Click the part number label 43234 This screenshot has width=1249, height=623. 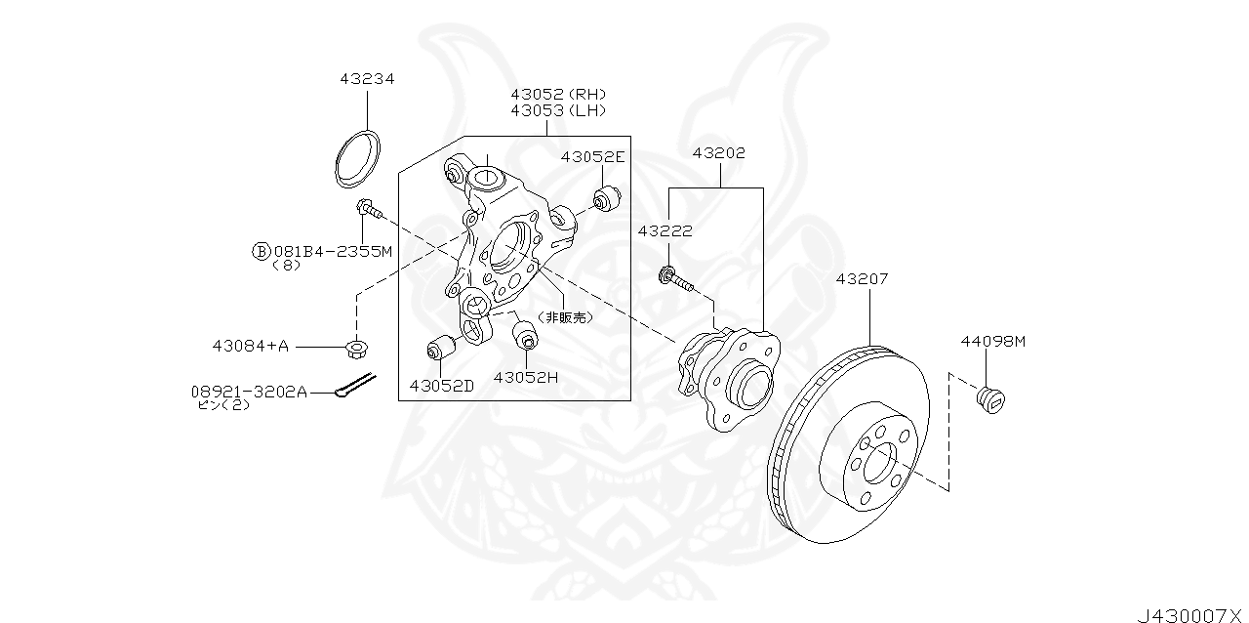click(x=367, y=79)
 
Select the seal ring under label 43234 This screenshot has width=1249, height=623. click(x=358, y=157)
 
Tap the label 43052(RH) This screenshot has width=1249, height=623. click(x=558, y=94)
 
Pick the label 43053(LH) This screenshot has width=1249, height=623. click(x=558, y=110)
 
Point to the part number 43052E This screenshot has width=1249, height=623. click(x=592, y=156)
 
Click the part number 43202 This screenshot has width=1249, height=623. click(x=719, y=153)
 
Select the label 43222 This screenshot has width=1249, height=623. click(x=665, y=230)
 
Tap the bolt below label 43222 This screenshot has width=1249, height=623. click(x=676, y=280)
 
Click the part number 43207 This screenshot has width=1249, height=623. click(x=862, y=278)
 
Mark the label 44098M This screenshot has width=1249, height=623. click(x=993, y=341)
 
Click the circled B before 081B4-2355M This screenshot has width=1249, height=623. click(x=261, y=251)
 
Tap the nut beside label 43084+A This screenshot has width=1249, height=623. click(x=356, y=346)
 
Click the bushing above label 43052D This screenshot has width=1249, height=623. click(x=442, y=349)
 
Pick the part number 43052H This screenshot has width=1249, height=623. click(x=525, y=378)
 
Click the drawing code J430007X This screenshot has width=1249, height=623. click(x=1190, y=614)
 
